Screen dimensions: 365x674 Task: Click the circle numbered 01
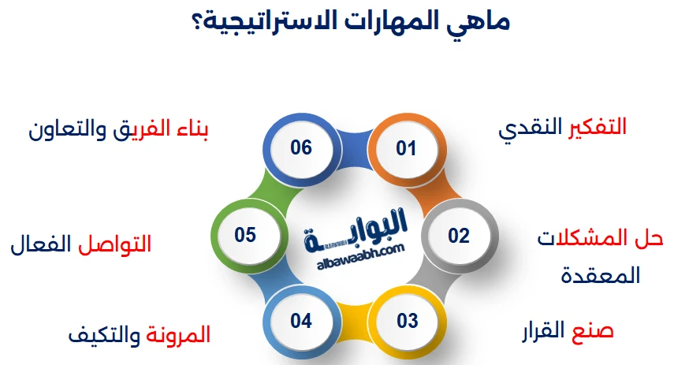click(405, 147)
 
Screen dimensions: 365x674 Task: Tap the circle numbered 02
click(459, 235)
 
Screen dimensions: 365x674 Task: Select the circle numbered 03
click(407, 321)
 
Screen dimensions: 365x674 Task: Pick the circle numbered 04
click(301, 321)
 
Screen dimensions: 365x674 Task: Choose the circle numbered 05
click(245, 235)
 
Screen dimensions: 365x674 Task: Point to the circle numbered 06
click(301, 147)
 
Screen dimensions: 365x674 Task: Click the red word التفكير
click(598, 126)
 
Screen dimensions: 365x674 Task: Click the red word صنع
click(595, 330)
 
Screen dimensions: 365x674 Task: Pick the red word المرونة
click(179, 335)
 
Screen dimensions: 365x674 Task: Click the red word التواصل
click(116, 244)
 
